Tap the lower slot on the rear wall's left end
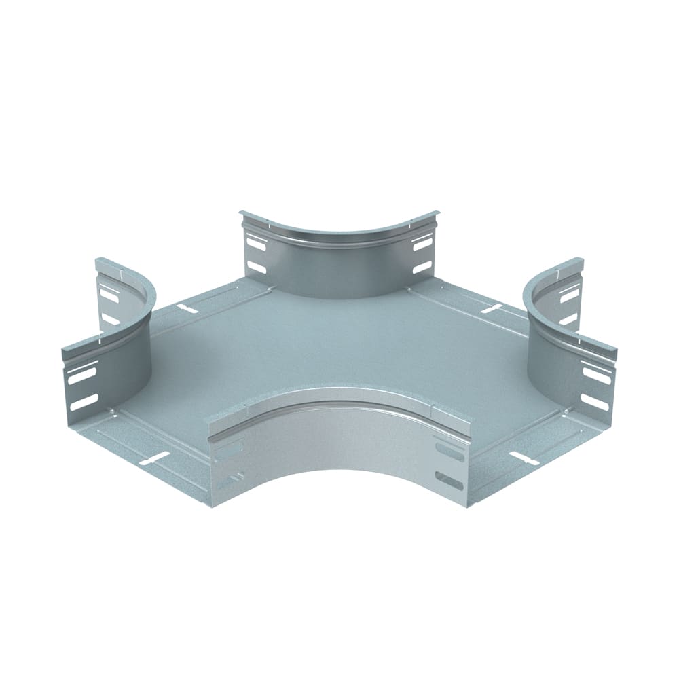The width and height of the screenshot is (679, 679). click(257, 267)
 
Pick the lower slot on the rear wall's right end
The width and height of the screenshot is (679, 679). click(422, 267)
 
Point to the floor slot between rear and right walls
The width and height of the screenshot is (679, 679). click(491, 309)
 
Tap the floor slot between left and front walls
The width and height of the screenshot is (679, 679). click(154, 458)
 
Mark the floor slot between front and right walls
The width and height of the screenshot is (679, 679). click(525, 458)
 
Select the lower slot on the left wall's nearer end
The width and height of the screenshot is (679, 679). click(84, 402)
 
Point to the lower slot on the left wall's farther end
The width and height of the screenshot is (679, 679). click(110, 318)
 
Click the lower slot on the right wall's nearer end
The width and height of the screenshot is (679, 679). click(595, 402)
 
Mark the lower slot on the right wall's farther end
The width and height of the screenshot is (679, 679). click(568, 318)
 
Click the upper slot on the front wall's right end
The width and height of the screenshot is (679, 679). click(449, 451)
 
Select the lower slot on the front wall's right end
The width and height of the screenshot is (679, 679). click(449, 479)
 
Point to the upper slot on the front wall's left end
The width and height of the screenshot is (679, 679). click(230, 451)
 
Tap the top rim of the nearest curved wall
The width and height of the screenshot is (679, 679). click(339, 401)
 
